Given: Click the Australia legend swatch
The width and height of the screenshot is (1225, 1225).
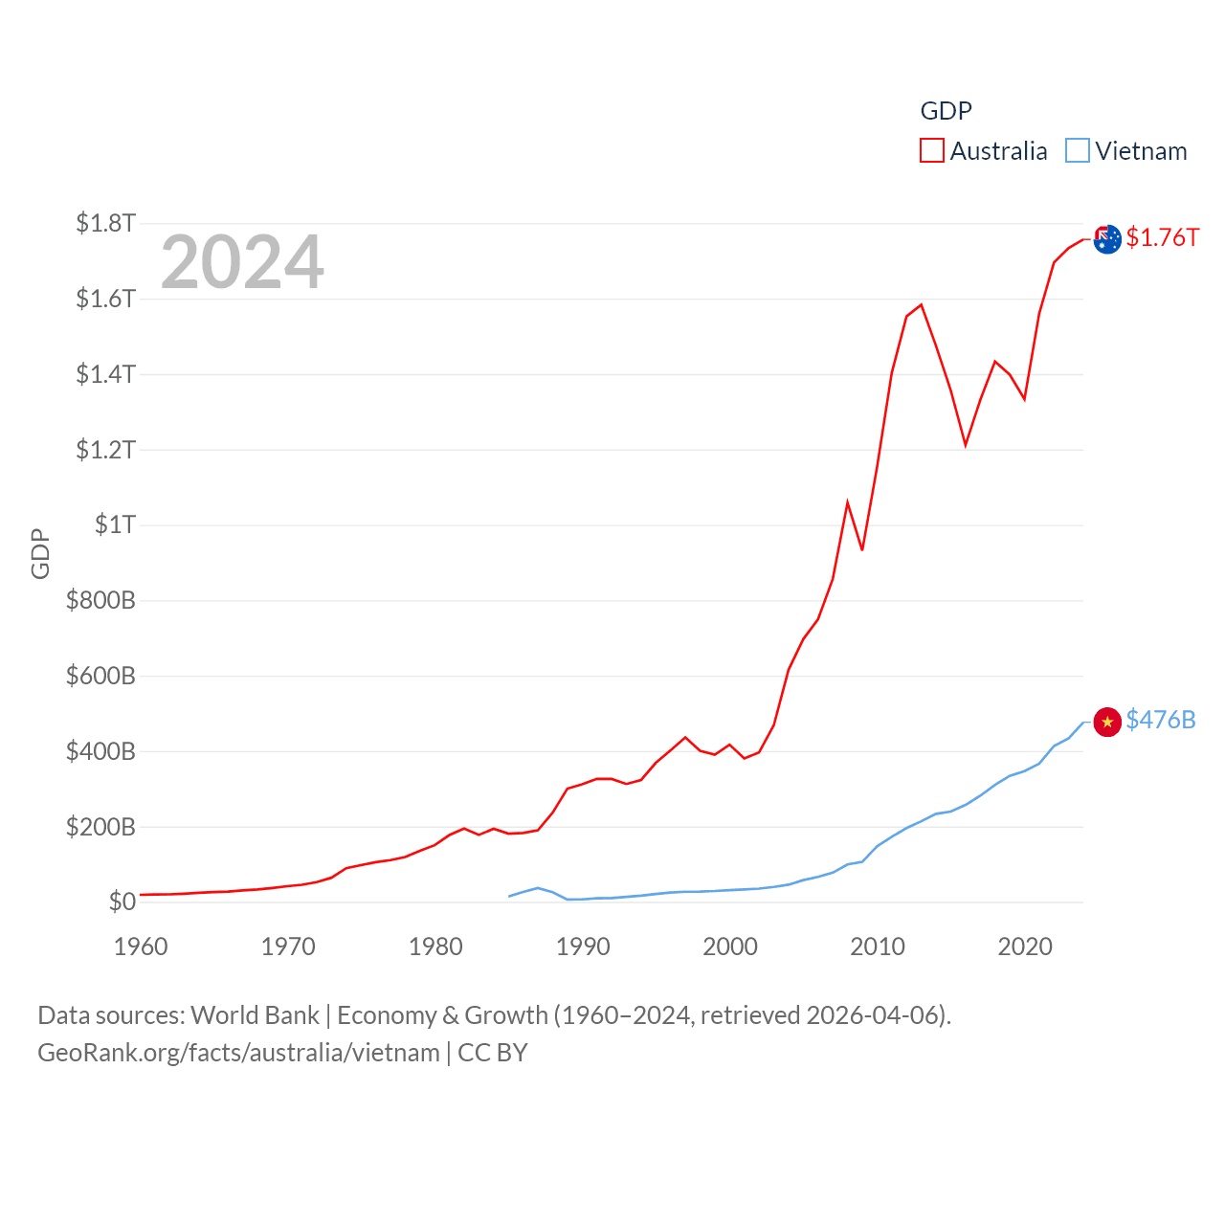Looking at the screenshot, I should tap(931, 150).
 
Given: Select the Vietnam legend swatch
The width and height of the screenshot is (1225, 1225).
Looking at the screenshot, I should tap(1077, 150).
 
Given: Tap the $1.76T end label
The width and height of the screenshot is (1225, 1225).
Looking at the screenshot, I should tap(1162, 237).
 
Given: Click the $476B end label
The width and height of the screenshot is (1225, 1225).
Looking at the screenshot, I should tap(1160, 720).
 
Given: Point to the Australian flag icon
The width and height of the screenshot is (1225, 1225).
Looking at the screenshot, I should tap(1107, 239).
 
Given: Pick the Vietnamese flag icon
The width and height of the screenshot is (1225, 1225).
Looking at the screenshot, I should tap(1107, 722).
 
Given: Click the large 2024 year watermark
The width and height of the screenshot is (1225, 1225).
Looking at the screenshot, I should tap(242, 262).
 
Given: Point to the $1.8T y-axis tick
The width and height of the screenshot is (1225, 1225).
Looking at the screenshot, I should tap(105, 223).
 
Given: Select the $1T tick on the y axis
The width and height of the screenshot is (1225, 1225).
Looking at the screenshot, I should tap(115, 524).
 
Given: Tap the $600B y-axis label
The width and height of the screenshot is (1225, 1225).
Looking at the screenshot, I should tap(100, 676).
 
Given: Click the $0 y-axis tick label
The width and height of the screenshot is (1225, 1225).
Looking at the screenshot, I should tap(122, 902).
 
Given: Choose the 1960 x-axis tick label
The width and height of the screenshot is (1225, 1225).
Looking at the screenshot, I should tap(141, 947).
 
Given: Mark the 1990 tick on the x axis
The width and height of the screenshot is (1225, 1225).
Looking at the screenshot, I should tap(583, 947).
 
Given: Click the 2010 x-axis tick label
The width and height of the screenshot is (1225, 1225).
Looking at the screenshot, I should tap(878, 947).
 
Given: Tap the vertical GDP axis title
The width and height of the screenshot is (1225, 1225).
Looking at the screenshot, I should tap(40, 553).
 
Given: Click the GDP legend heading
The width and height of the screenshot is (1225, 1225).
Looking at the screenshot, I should tap(946, 111).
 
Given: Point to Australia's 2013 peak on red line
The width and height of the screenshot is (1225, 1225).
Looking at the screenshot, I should tap(921, 305).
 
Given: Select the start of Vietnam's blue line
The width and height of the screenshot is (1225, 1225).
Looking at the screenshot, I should tap(509, 896).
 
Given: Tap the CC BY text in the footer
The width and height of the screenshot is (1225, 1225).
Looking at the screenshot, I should tap(493, 1053).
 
